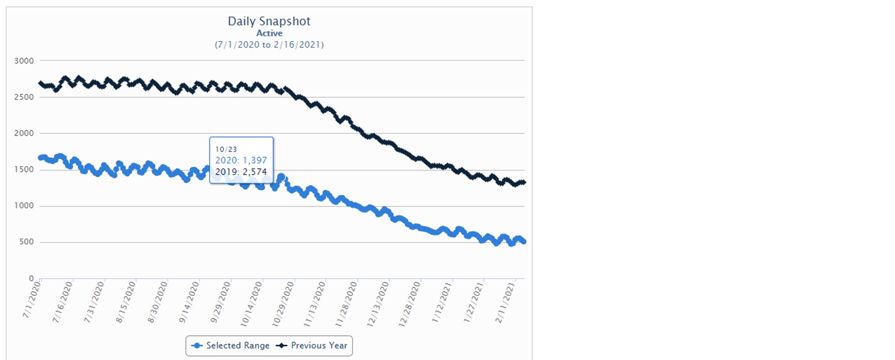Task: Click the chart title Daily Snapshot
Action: (269, 21)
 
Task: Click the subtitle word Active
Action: (269, 33)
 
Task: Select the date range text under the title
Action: (269, 45)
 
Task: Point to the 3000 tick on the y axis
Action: (24, 61)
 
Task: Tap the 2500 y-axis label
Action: (24, 97)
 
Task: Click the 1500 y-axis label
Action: (24, 170)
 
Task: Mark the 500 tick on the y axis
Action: (26, 242)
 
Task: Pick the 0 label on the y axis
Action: (31, 278)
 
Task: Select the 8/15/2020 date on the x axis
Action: (126, 302)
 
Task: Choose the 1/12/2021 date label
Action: (442, 302)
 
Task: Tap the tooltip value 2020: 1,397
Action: (241, 160)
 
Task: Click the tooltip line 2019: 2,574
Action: (241, 172)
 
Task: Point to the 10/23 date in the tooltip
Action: (226, 149)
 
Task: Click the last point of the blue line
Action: (524, 242)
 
